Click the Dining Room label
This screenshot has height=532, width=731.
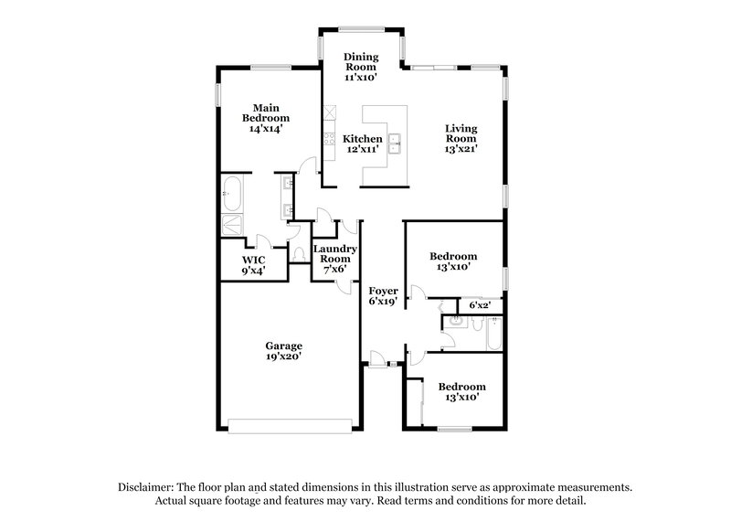360,68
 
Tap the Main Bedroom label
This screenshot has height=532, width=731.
266,117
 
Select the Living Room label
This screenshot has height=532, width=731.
461,138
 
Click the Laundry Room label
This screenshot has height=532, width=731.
334,257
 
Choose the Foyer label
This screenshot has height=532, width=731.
382,296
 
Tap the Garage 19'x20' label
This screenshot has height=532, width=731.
284,351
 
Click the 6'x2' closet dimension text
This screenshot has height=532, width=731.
480,304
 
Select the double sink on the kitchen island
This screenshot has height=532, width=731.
397,143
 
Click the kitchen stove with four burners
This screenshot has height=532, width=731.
327,143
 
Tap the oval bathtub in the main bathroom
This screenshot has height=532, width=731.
230,194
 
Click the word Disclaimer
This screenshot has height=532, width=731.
147,488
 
